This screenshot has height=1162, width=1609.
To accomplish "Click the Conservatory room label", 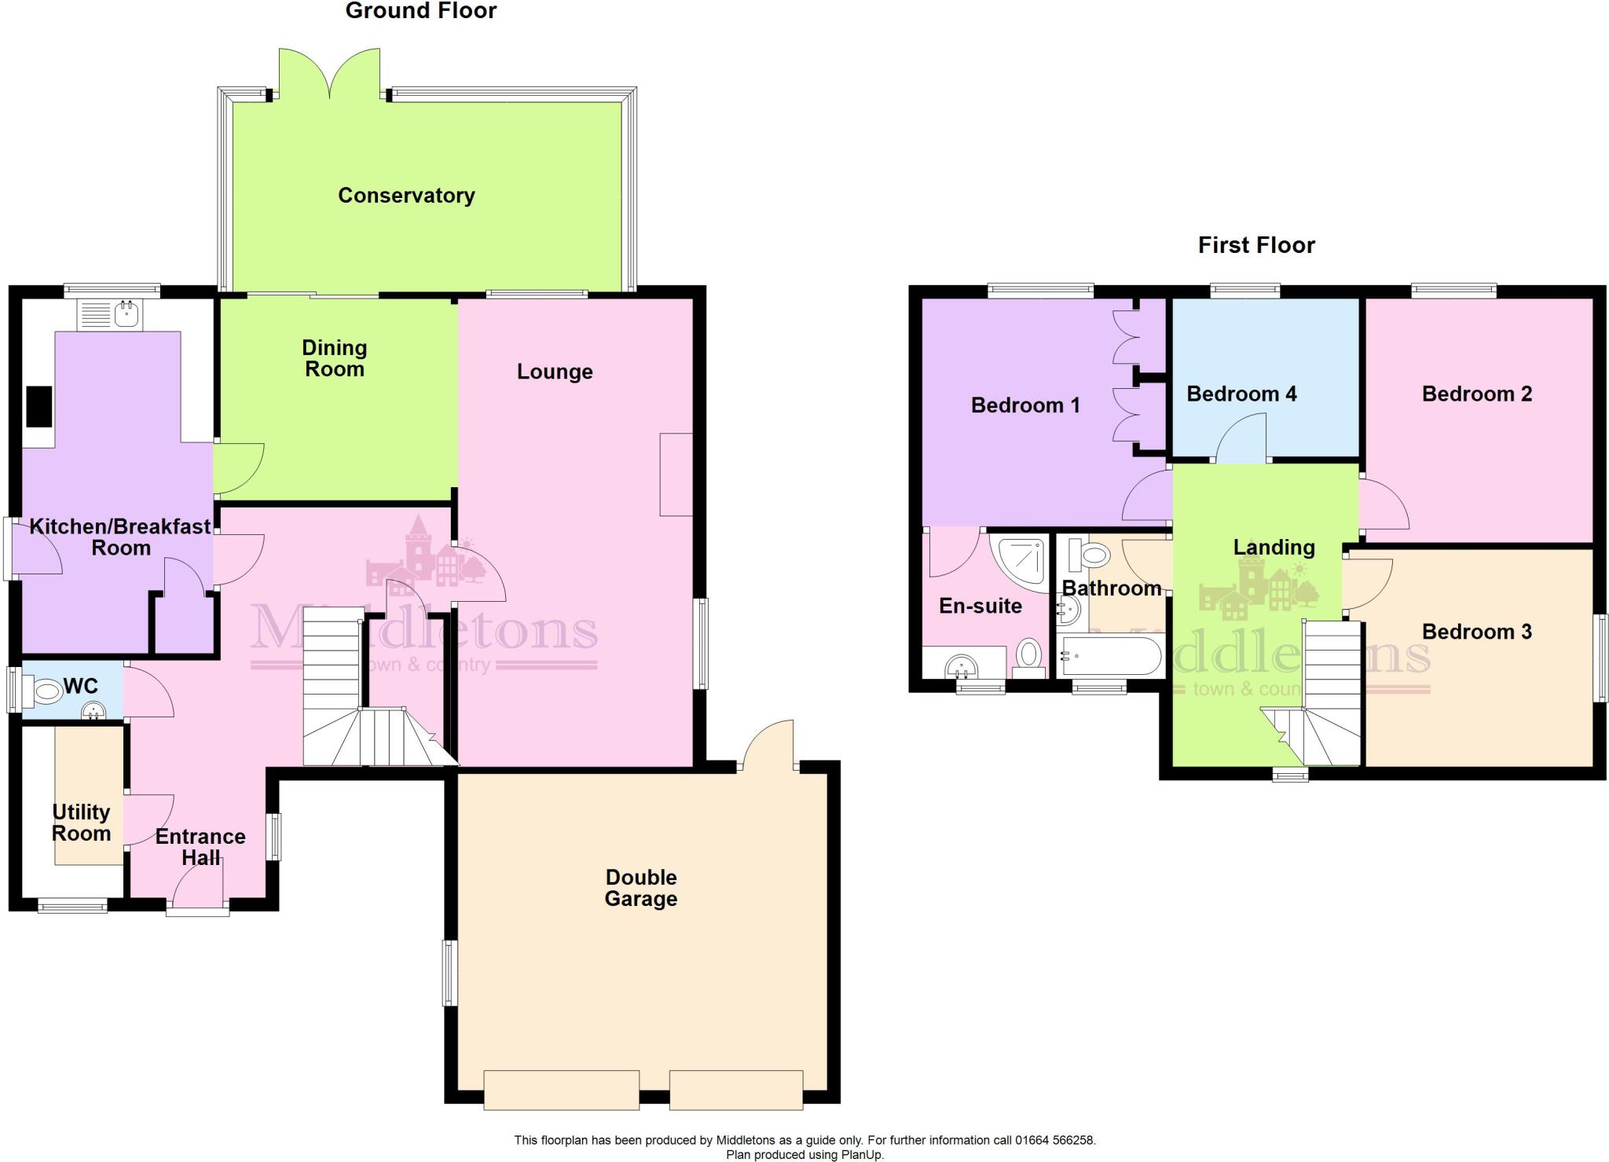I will pyautogui.click(x=406, y=196).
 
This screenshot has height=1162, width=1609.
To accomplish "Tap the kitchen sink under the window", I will pyautogui.click(x=126, y=315).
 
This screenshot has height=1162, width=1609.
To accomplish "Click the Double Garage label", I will pyautogui.click(x=640, y=888).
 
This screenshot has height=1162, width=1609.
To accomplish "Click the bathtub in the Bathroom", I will pyautogui.click(x=1110, y=657).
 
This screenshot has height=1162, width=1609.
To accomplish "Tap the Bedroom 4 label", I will pyautogui.click(x=1241, y=394).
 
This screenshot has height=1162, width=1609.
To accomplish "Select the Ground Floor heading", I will pyautogui.click(x=421, y=11).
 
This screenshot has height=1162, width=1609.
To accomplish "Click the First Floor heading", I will pyautogui.click(x=1256, y=245).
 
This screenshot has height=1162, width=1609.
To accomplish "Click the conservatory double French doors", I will pyautogui.click(x=330, y=75).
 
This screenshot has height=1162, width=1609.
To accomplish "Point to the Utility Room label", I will pyautogui.click(x=81, y=823).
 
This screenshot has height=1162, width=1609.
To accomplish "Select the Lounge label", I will pyautogui.click(x=555, y=372).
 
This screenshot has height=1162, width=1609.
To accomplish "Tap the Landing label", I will pyautogui.click(x=1274, y=547).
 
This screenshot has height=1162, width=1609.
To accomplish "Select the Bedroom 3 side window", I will pyautogui.click(x=1599, y=657).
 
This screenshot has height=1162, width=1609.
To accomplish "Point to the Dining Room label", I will pyautogui.click(x=335, y=358).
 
